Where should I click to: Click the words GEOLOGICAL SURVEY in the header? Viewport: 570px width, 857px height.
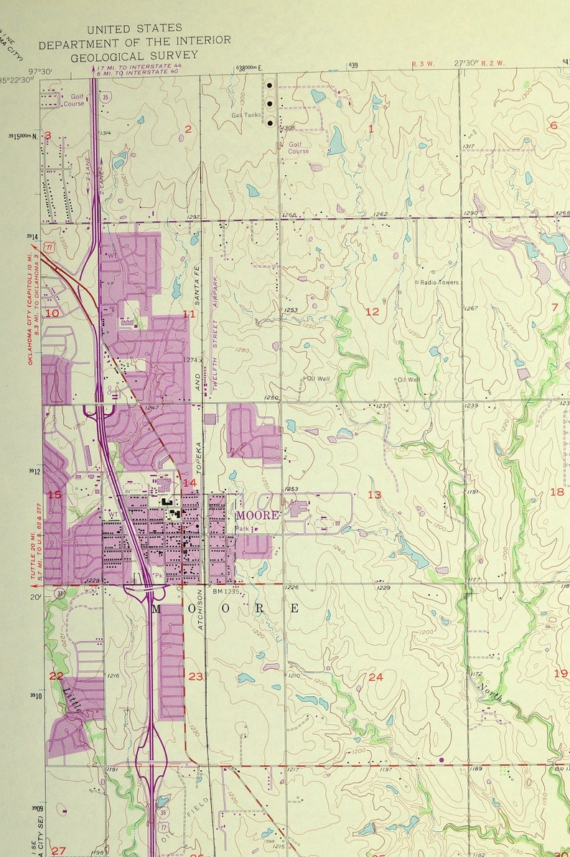[134, 54]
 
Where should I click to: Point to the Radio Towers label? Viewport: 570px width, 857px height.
[439, 283]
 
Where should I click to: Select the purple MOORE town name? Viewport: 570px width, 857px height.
[257, 515]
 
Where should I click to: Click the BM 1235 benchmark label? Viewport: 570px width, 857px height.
[225, 591]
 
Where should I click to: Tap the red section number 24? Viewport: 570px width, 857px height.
[375, 677]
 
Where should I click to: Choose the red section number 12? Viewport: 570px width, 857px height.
[372, 312]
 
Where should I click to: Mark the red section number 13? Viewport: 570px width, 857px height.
[374, 495]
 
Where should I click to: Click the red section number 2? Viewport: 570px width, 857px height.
[188, 129]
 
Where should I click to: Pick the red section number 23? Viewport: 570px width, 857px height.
[195, 676]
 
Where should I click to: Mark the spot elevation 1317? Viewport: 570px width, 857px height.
[469, 146]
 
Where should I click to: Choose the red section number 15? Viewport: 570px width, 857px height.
[55, 495]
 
